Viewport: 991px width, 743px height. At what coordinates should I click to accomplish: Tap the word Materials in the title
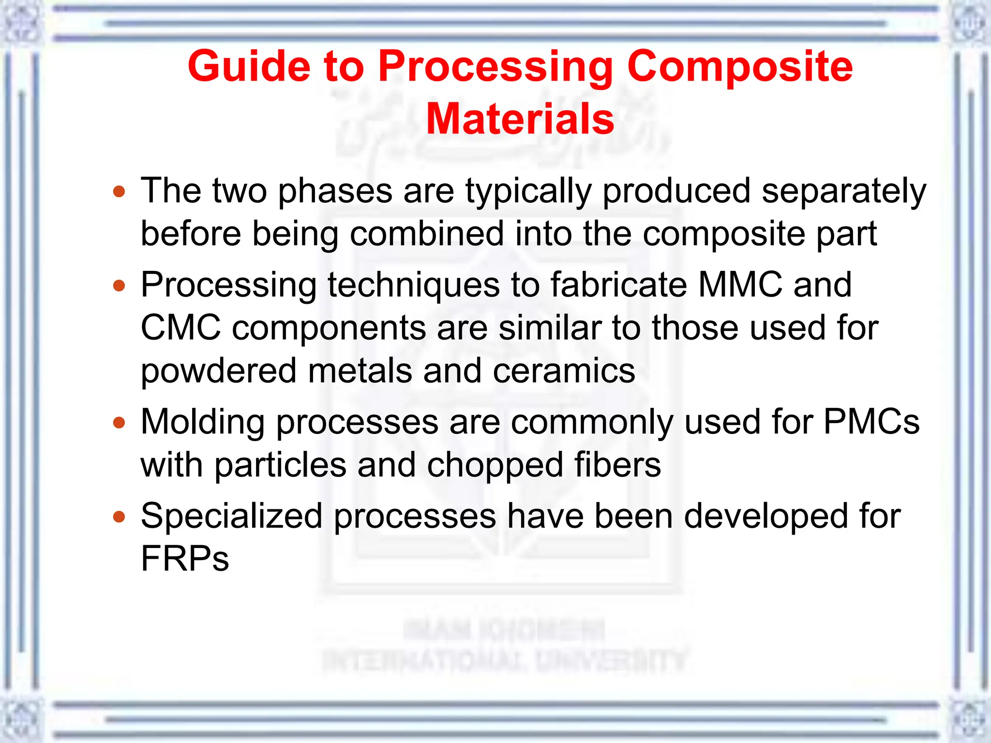[520, 119]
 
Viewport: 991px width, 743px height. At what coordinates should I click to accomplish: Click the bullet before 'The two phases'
[119, 192]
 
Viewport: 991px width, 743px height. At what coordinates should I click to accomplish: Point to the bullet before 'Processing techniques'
[119, 285]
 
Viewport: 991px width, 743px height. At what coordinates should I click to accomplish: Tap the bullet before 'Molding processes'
[119, 423]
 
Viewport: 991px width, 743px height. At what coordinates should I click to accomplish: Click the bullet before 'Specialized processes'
[119, 517]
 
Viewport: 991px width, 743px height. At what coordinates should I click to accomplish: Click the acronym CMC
[180, 327]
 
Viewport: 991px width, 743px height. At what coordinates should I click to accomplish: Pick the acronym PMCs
[871, 422]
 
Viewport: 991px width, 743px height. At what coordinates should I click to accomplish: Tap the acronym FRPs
[184, 559]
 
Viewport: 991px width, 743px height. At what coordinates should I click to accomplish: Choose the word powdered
[218, 371]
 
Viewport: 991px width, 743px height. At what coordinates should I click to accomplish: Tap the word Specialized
[231, 516]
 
